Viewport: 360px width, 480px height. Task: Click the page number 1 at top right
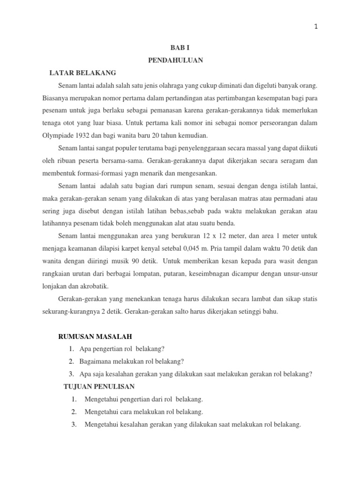click(x=316, y=27)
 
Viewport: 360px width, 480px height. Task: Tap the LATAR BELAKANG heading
click(x=82, y=73)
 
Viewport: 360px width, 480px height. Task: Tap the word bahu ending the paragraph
click(x=269, y=311)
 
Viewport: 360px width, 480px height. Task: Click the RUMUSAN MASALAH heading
click(x=95, y=336)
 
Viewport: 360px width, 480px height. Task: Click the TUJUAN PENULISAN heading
click(x=99, y=386)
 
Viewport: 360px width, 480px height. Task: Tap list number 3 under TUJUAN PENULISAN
click(x=74, y=424)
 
